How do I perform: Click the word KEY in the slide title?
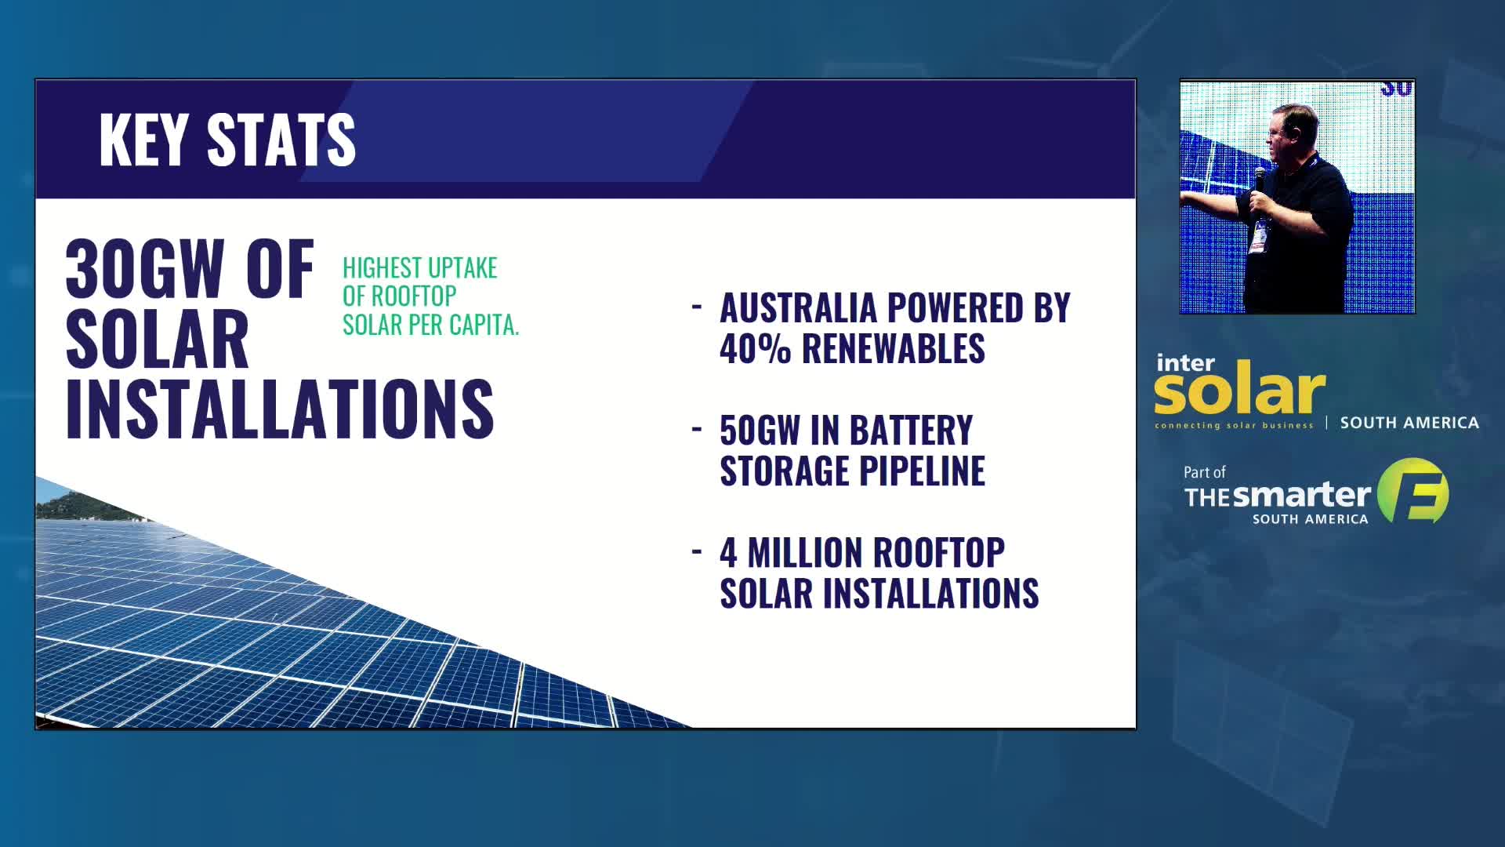pyautogui.click(x=144, y=140)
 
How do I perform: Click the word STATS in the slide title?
pyautogui.click(x=281, y=140)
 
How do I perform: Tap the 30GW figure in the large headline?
pyautogui.click(x=145, y=269)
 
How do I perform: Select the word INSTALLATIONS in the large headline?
pyautogui.click(x=280, y=408)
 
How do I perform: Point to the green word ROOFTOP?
pyautogui.click(x=414, y=296)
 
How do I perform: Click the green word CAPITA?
pyautogui.click(x=484, y=325)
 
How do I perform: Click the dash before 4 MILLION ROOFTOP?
pyautogui.click(x=697, y=552)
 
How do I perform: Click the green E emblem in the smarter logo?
pyautogui.click(x=1413, y=491)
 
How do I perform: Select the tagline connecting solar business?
pyautogui.click(x=1234, y=426)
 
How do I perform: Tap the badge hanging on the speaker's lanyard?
pyautogui.click(x=1259, y=236)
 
